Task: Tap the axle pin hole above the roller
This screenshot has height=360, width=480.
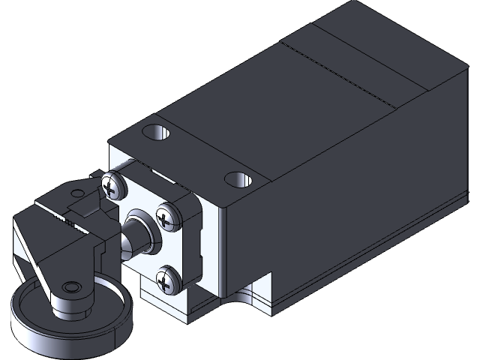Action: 70,288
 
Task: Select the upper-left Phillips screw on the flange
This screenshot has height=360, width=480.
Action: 112,187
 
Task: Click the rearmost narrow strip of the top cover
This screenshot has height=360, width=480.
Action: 375,37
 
